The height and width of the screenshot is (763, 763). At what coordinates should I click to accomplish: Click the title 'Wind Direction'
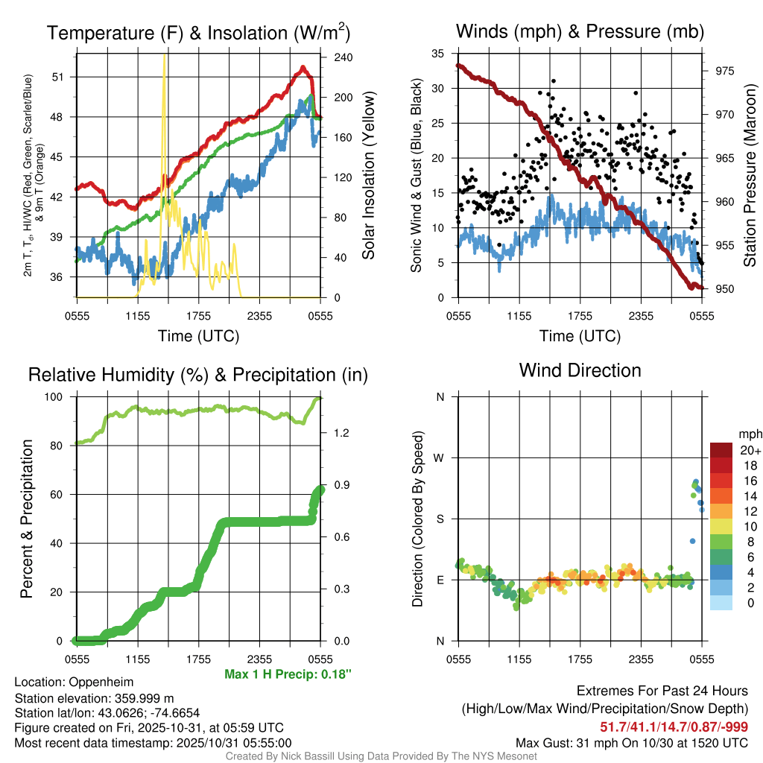coord(580,370)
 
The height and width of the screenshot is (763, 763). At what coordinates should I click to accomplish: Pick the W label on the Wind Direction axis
coord(440,458)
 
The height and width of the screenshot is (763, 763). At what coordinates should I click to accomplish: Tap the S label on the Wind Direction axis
coord(440,519)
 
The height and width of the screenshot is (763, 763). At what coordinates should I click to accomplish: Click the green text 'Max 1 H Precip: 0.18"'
coord(288,674)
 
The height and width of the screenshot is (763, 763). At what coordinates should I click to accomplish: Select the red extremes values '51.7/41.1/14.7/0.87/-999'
coord(674,726)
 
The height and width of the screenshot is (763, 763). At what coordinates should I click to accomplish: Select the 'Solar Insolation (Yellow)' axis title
coord(368,176)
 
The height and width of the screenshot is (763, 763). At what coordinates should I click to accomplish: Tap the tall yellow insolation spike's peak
coord(165,57)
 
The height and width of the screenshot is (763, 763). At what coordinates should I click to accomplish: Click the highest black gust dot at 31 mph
coord(554,81)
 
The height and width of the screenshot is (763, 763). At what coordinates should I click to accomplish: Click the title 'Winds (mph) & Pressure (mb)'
coord(580,32)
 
